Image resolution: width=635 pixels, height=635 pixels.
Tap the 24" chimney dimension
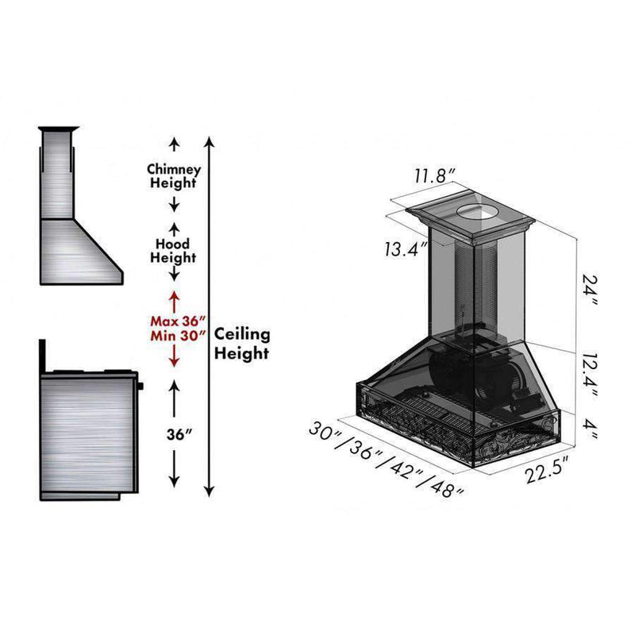click(589, 289)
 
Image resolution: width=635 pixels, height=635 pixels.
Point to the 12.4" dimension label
click(588, 375)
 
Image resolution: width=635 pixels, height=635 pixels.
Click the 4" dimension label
click(588, 429)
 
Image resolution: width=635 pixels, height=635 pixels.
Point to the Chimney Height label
click(174, 176)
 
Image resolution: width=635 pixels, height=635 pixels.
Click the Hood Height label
click(173, 251)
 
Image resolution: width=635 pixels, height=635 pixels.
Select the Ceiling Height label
click(242, 344)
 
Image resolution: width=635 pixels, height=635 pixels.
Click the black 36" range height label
click(178, 434)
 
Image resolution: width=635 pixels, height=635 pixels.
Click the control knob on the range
click(140, 386)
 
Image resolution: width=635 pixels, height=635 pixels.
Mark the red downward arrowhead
click(174, 363)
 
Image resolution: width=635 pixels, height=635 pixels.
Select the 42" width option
click(403, 468)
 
